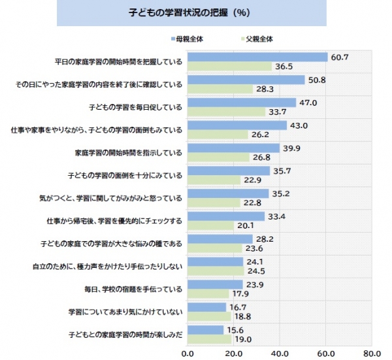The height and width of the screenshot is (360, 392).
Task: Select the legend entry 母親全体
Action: (x=189, y=39)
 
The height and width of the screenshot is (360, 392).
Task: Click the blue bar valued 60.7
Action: (x=257, y=57)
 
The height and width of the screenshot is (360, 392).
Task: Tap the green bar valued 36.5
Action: (x=229, y=67)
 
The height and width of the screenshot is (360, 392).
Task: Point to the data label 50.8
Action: (x=317, y=80)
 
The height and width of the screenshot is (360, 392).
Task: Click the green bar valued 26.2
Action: (x=218, y=135)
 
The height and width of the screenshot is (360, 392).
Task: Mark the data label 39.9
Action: (x=291, y=148)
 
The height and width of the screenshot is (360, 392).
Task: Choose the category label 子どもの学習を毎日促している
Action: (x=135, y=107)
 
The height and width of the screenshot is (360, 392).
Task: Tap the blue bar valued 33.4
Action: (x=225, y=216)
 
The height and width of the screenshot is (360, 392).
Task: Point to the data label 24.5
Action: (x=255, y=271)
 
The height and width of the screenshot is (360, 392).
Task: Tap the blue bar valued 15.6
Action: (x=205, y=330)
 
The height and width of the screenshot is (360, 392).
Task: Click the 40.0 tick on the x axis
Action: (x=280, y=353)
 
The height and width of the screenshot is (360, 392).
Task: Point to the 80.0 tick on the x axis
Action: (x=372, y=353)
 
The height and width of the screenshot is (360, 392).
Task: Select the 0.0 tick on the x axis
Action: (x=188, y=353)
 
